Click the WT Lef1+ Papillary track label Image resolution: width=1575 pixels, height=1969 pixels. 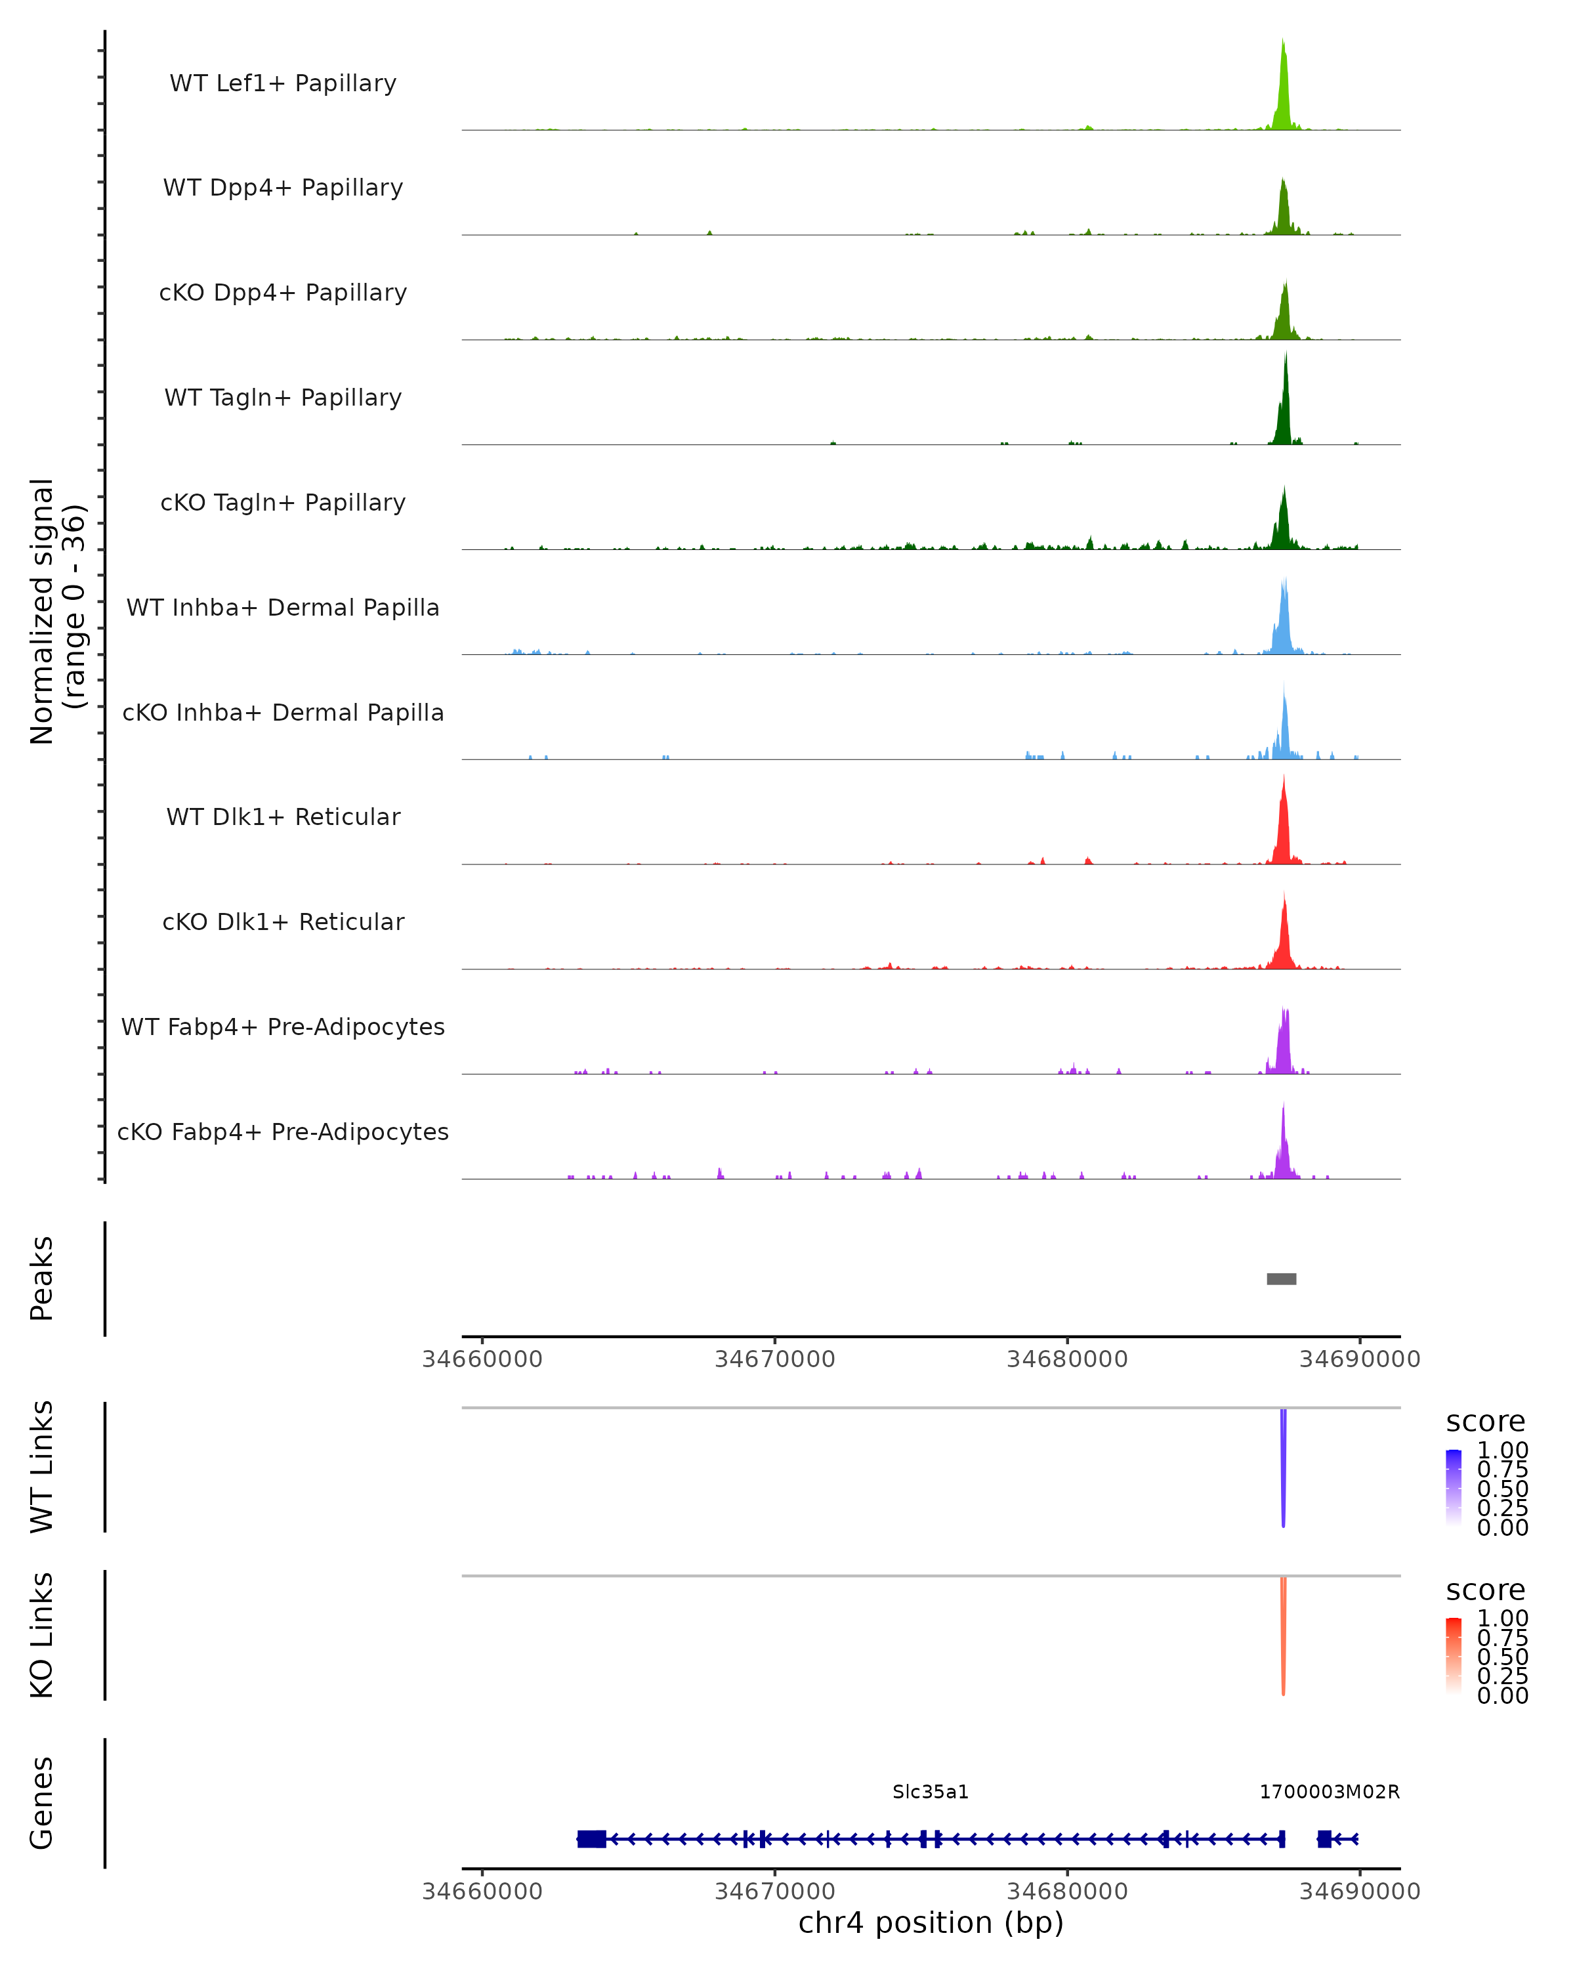(283, 83)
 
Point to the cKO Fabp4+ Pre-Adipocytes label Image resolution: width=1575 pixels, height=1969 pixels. (283, 1132)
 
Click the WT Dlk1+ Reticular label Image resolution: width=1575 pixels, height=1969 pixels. (283, 817)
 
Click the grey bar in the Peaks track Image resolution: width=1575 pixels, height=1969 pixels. (1281, 1279)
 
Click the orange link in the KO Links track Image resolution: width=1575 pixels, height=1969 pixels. (1283, 1635)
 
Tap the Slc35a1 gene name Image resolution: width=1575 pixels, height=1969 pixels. (931, 1792)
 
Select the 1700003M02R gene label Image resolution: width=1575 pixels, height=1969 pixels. (1330, 1792)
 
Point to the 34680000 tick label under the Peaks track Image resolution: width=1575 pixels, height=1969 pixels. (1067, 1359)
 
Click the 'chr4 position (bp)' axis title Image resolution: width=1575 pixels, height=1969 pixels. (931, 1923)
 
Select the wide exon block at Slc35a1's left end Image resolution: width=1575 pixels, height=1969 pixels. (592, 1839)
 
